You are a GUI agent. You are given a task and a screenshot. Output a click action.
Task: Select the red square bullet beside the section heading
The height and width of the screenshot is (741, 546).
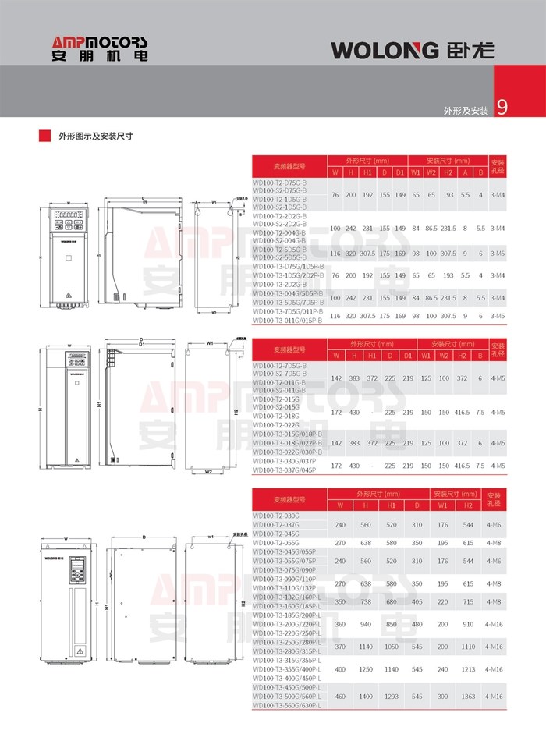pyautogui.click(x=45, y=135)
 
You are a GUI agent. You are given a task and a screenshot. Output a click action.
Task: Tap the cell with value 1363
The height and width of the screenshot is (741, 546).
pyautogui.click(x=468, y=695)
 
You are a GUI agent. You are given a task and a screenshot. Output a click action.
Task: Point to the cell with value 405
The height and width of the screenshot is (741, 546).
pyautogui.click(x=417, y=602)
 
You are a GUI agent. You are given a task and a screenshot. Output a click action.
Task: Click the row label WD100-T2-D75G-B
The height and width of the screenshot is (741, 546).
pyautogui.click(x=280, y=183)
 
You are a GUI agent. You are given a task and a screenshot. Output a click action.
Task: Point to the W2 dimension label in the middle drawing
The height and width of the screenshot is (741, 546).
pyautogui.click(x=209, y=472)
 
